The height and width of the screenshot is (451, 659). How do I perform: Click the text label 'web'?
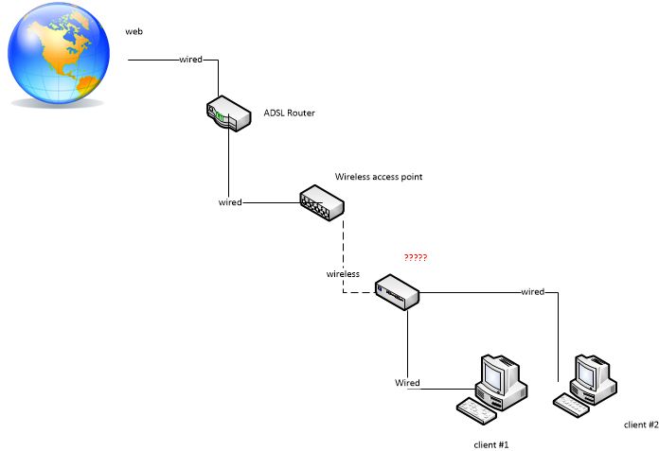tap(134, 32)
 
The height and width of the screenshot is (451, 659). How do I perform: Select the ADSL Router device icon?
tap(227, 114)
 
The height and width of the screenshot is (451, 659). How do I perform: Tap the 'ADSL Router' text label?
tap(289, 113)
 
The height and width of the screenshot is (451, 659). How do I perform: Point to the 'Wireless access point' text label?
tap(379, 177)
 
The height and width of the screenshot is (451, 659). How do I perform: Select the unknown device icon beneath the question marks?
tap(397, 291)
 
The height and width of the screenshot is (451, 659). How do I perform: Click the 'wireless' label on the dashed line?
tap(343, 273)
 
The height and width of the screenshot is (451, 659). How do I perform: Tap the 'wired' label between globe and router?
tap(190, 60)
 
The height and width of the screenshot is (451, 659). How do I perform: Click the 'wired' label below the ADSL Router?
tap(230, 202)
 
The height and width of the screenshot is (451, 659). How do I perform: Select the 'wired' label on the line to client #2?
tap(532, 291)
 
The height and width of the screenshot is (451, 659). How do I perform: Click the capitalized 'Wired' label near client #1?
tap(407, 383)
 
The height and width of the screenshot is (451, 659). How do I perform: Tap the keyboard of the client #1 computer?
tap(475, 410)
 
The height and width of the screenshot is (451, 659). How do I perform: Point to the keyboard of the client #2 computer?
tap(572, 404)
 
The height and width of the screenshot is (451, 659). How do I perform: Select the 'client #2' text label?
tap(640, 425)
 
